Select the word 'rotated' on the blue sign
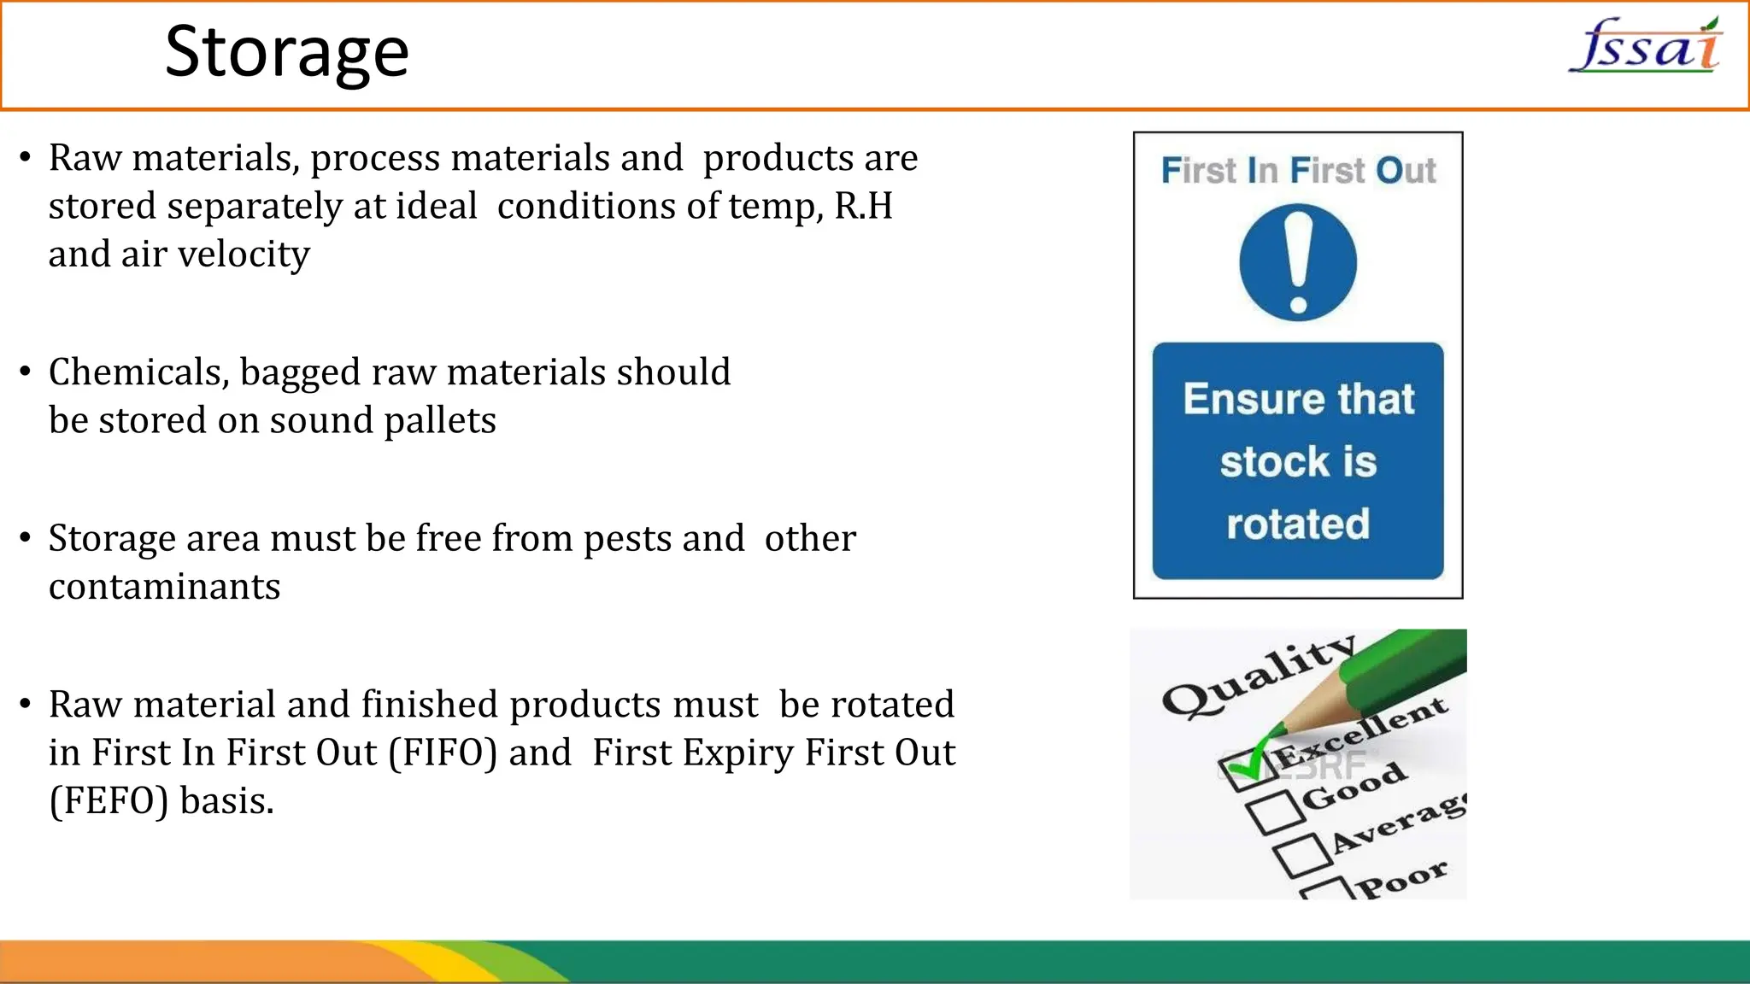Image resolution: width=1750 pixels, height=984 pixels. tap(1298, 524)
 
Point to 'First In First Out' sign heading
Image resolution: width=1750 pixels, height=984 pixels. tap(1298, 170)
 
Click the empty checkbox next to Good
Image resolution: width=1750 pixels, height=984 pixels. tap(1274, 811)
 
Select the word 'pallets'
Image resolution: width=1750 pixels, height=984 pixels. tap(439, 420)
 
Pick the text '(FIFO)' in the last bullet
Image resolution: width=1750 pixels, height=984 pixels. tap(443, 753)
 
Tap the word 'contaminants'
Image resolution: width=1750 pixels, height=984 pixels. tap(164, 587)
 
